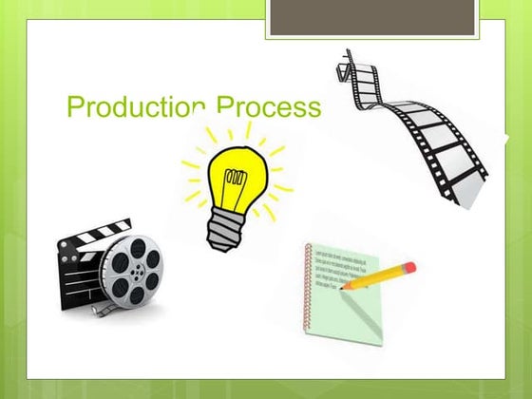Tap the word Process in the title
(268, 106)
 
